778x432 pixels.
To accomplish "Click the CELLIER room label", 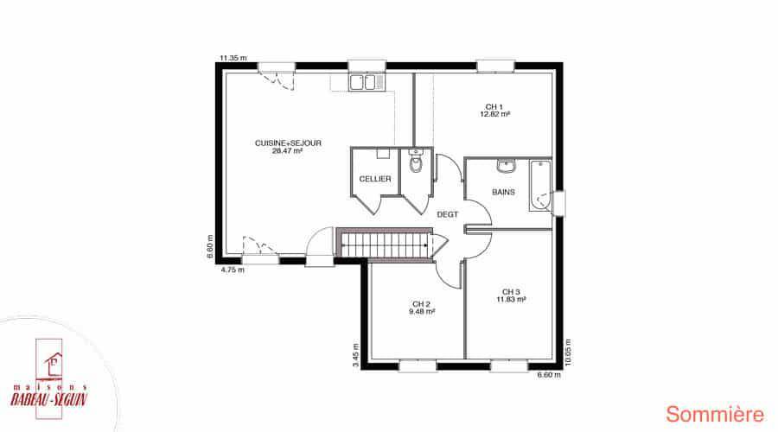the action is point(375,179).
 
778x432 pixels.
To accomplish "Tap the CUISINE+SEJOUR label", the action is point(288,143).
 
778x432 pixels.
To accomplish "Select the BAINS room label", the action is point(503,192).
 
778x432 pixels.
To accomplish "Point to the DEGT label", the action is point(448,215).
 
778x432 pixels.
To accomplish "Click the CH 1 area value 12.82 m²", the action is point(495,114).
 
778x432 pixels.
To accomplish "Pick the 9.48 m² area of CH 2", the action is point(422,312).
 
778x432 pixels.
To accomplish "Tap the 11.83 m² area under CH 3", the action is point(511,299).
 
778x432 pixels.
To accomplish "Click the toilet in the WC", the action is point(416,162).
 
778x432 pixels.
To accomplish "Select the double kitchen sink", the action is point(367,82).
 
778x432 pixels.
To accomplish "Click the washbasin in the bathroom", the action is point(506,166).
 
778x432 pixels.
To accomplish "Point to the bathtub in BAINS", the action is point(540,186).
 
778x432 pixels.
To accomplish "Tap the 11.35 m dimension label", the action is point(233,58).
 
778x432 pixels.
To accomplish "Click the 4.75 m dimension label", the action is point(233,270).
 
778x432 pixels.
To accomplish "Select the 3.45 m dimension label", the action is point(356,355).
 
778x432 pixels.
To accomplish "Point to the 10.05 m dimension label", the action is point(568,353).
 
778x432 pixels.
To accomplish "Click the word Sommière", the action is point(715,414).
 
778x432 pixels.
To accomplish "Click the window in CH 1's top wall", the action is point(495,66).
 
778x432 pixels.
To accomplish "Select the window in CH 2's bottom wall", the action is point(418,366).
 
